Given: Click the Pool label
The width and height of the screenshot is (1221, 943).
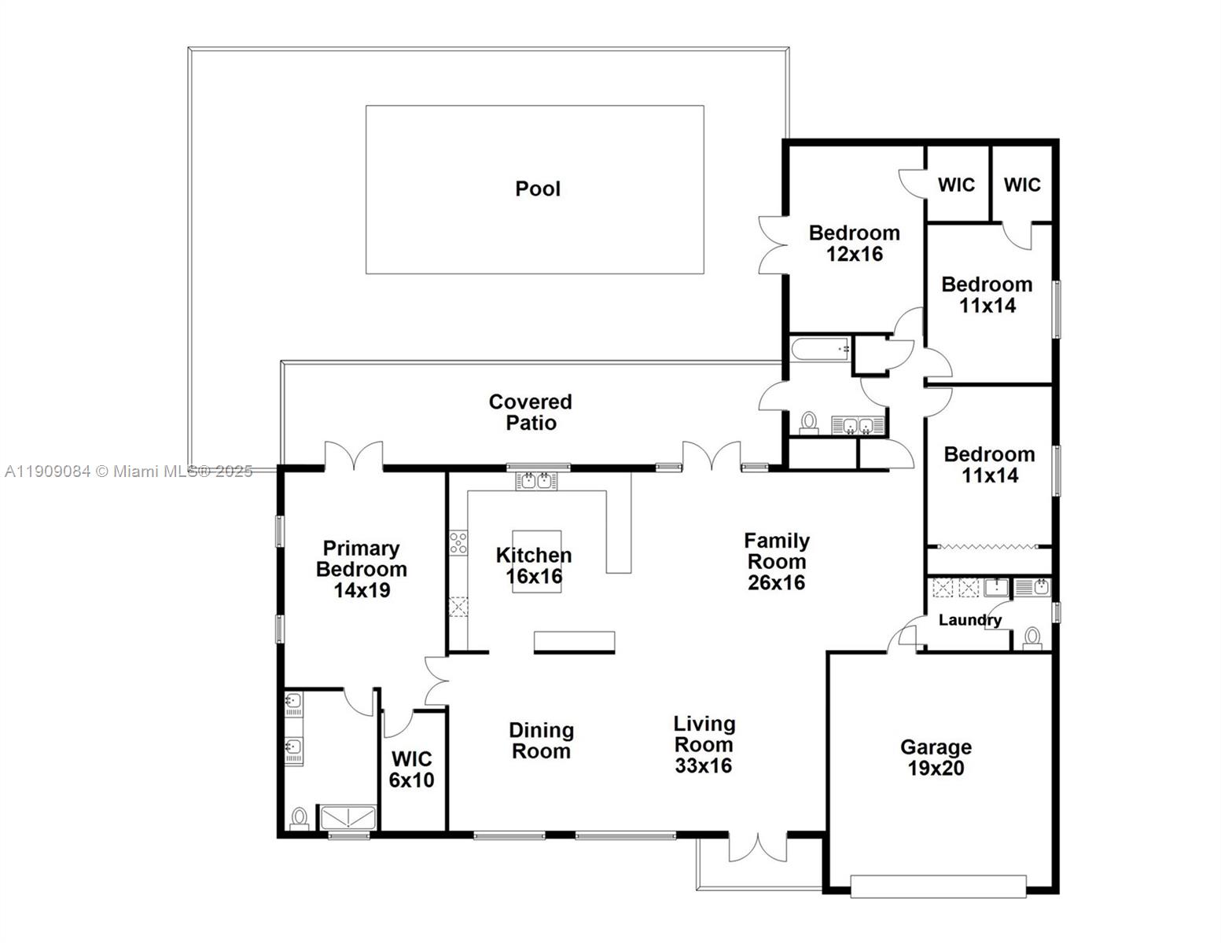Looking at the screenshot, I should pyautogui.click(x=538, y=189).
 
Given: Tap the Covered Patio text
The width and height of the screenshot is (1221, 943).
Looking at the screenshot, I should pyautogui.click(x=531, y=413).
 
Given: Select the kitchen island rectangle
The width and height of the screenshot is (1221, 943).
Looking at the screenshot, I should pyautogui.click(x=537, y=561).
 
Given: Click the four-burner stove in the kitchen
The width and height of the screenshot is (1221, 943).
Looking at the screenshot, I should pyautogui.click(x=458, y=543).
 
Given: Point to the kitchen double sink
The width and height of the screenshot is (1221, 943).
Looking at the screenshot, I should pyautogui.click(x=537, y=480).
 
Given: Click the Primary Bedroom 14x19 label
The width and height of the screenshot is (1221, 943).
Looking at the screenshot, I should pyautogui.click(x=361, y=569).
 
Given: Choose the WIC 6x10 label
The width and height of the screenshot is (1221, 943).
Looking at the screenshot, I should pyautogui.click(x=412, y=769).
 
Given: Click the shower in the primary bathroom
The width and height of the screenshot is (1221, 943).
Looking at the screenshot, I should pyautogui.click(x=348, y=817).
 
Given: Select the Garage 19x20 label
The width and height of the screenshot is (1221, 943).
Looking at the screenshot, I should pyautogui.click(x=936, y=758).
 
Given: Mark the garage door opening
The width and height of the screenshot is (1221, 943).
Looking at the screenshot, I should pyautogui.click(x=938, y=886).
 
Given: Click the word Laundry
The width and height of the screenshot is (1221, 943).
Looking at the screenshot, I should pyautogui.click(x=969, y=620).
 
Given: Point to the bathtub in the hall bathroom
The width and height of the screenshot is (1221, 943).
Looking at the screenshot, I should pyautogui.click(x=821, y=348).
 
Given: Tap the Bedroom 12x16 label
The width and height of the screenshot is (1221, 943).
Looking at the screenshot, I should pyautogui.click(x=854, y=243).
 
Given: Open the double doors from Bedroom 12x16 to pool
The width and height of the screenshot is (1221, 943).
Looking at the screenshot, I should pyautogui.click(x=774, y=244).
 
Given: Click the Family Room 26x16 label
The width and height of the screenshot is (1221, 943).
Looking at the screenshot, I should pyautogui.click(x=776, y=561).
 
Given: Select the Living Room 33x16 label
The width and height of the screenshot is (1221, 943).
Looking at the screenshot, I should pyautogui.click(x=704, y=744).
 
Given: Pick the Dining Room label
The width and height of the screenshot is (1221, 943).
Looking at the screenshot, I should pyautogui.click(x=541, y=741).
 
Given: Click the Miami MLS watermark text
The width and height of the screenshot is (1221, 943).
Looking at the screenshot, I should pyautogui.click(x=128, y=472).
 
